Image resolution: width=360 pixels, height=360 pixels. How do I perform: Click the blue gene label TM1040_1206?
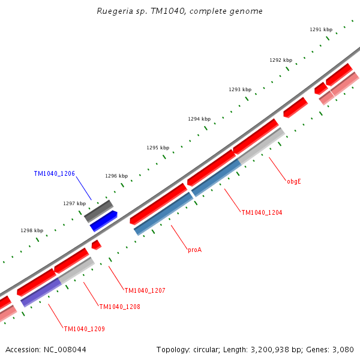coord(54,173)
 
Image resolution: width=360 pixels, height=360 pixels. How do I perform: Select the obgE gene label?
coord(293,181)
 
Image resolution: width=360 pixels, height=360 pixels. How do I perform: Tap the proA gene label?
coord(194,250)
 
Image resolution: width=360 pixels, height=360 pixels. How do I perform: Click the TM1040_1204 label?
coord(262,212)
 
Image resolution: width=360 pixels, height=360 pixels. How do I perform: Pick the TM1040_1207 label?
coord(145,290)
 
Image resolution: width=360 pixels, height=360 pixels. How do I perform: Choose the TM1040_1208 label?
coord(119,307)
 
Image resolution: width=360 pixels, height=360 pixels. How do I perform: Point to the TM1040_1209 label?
coord(84,329)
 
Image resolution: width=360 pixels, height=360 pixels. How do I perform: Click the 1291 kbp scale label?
coord(321,29)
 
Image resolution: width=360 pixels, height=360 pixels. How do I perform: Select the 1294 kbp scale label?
coord(199,119)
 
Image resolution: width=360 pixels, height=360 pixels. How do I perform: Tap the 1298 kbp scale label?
coord(32,230)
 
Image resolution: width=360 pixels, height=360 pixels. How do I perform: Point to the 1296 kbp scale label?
coord(116,176)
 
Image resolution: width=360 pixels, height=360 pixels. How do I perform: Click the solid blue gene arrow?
coord(104,221)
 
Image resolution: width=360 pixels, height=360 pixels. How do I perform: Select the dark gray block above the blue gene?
coord(98,211)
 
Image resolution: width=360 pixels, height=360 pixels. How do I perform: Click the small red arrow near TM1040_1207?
coord(96,245)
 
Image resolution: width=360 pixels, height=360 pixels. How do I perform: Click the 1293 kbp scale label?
coord(240,89)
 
